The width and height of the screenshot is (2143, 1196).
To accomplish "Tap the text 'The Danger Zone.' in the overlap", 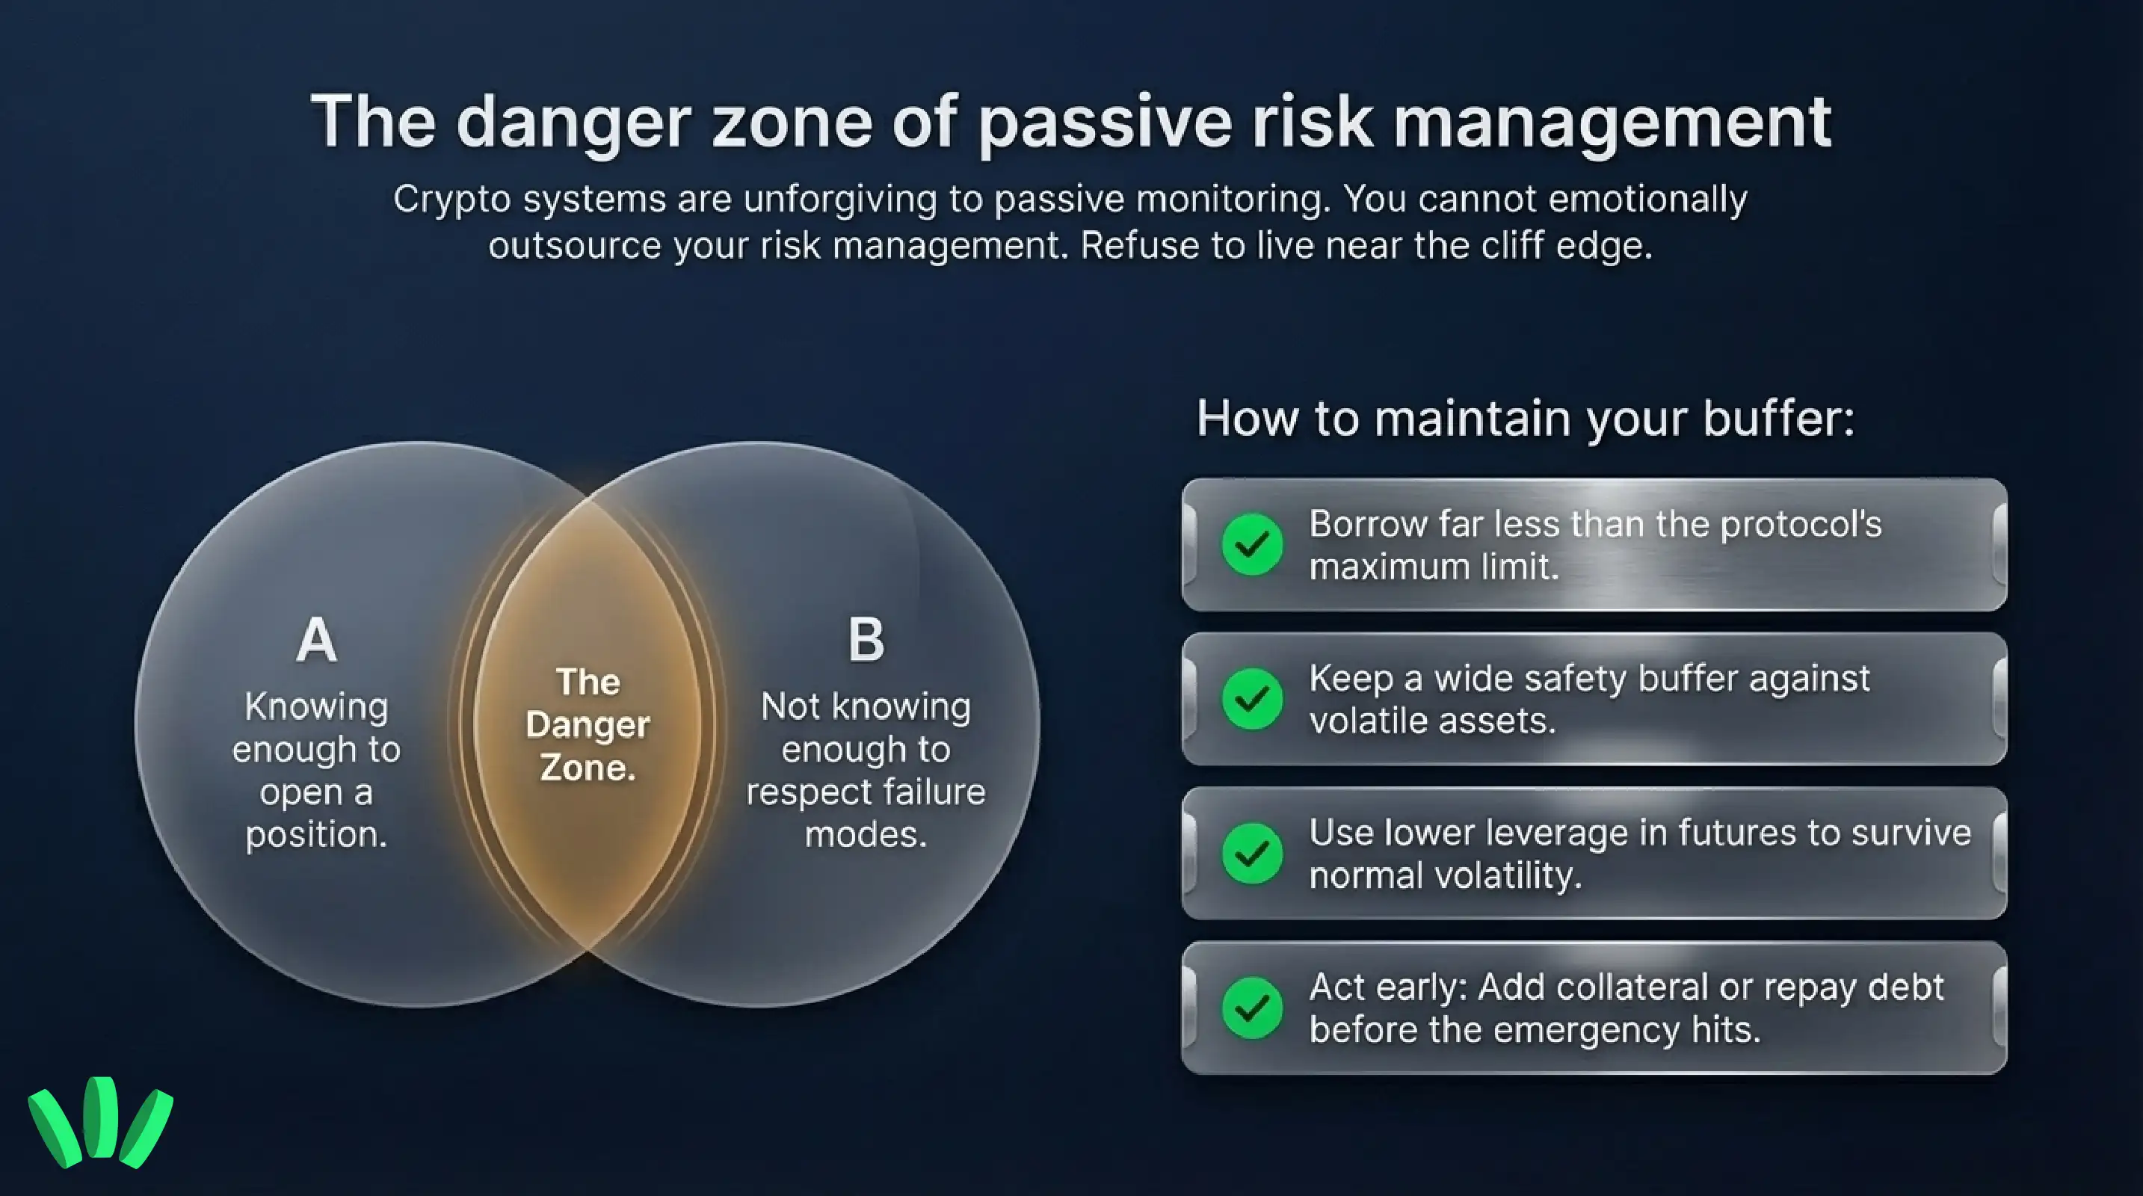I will (588, 724).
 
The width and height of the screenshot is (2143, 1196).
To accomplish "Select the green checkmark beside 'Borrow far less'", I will (1252, 545).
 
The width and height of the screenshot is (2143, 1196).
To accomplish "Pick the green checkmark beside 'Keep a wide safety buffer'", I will (1252, 699).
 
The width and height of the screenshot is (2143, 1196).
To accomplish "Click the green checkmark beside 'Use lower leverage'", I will (1252, 854).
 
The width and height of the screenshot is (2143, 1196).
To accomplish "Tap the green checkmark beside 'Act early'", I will (1252, 1008).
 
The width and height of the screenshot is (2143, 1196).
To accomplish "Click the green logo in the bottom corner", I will (101, 1122).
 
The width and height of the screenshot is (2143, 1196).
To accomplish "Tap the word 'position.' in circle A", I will (316, 834).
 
